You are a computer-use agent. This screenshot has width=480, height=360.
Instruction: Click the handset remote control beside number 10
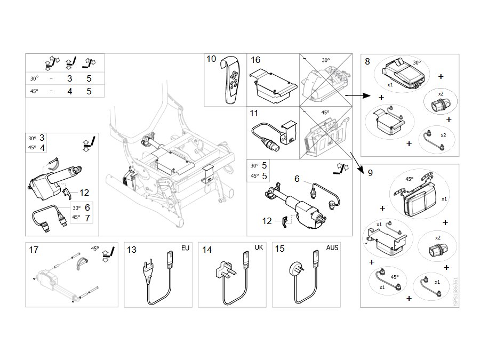point(233,80)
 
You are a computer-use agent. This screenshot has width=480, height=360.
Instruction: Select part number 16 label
point(255,60)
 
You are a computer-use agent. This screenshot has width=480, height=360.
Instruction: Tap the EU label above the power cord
point(185,248)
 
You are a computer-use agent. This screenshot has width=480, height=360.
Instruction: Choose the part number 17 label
point(34,250)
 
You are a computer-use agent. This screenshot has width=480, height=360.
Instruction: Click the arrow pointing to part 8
point(358,95)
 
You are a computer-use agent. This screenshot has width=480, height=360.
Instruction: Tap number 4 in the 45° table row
point(70,91)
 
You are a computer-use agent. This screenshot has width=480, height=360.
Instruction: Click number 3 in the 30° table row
point(70,78)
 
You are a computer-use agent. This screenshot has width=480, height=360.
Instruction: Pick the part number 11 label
point(254,114)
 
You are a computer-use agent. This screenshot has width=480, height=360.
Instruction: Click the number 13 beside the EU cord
point(132,250)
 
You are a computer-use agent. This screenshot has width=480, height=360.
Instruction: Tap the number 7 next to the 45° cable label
point(87,218)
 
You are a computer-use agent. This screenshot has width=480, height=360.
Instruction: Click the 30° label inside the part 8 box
point(417,63)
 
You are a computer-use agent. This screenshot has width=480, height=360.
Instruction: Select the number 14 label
point(207,250)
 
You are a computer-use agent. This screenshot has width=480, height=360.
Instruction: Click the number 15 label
point(280,249)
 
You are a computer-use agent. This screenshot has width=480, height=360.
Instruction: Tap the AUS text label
point(332,247)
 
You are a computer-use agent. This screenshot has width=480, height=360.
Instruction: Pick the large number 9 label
point(371,173)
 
